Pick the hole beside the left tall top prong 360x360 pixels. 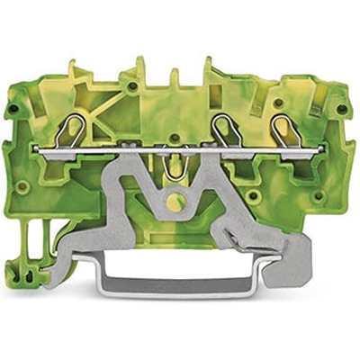point(131,87)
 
